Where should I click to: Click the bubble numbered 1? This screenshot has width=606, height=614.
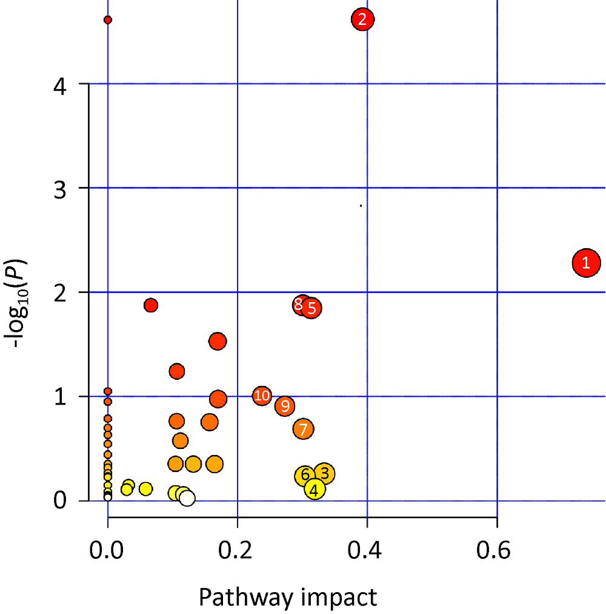click(586, 263)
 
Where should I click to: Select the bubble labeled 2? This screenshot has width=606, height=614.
click(362, 19)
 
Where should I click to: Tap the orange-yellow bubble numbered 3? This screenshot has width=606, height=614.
click(324, 473)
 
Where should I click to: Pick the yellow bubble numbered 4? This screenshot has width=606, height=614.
click(314, 489)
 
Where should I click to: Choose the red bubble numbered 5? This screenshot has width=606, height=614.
click(311, 308)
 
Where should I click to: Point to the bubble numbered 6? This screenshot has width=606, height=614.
click(305, 476)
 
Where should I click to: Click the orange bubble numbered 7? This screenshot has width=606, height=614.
click(304, 429)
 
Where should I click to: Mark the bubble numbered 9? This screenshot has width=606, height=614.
click(285, 406)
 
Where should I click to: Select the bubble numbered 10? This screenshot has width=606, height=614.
click(262, 396)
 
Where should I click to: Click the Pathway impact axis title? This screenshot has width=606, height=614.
click(288, 597)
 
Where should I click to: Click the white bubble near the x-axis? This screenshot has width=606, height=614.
click(187, 499)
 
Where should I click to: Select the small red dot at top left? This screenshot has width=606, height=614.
click(108, 20)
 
